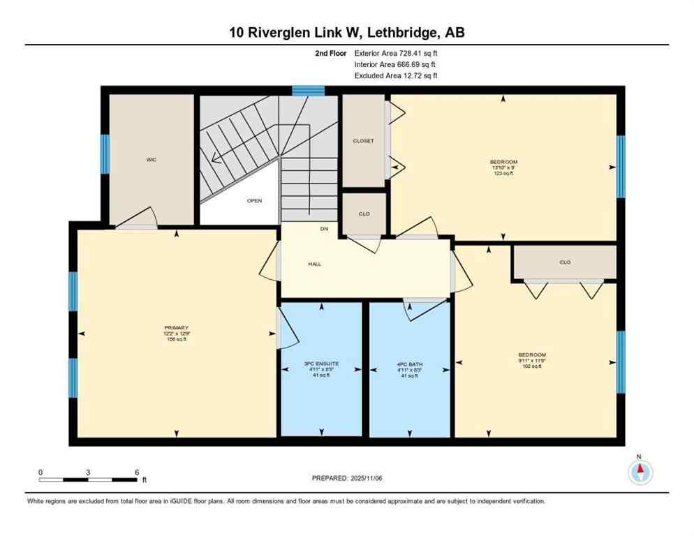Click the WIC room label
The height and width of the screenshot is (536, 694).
[x=151, y=160]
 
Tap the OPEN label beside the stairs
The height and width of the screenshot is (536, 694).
[x=254, y=201]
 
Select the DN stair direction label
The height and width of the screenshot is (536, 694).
[x=323, y=228]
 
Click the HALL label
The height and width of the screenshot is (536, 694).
[x=314, y=264]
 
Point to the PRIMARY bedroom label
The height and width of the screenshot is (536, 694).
[x=177, y=327]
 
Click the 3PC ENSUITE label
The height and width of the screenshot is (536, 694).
[x=321, y=364]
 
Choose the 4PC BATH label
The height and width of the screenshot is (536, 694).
[x=409, y=364]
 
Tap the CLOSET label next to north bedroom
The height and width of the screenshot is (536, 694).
[x=363, y=141]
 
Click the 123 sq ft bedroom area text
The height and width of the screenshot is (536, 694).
[x=503, y=172]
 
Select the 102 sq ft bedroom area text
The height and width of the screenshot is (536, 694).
[x=532, y=366]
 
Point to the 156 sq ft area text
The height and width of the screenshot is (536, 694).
[x=177, y=339]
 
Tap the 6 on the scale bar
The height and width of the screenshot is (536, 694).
[x=137, y=472]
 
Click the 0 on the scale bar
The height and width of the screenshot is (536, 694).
[x=40, y=472]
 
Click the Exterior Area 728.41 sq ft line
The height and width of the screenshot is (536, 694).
[x=397, y=53]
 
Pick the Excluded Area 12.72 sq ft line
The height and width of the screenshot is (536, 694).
[x=397, y=75]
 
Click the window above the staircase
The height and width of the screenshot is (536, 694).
[x=308, y=90]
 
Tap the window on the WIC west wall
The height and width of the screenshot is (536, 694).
[x=105, y=154]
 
